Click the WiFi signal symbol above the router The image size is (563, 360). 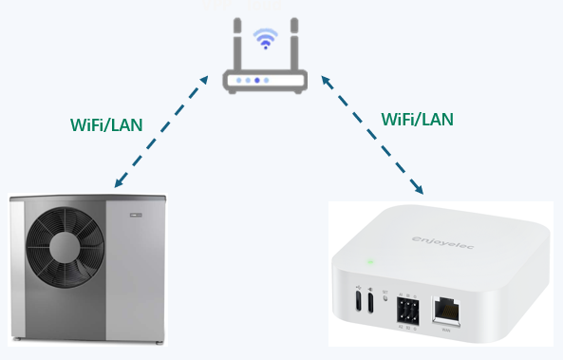point(266,41)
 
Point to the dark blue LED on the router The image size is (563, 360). point(258,81)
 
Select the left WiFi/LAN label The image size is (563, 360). point(107,124)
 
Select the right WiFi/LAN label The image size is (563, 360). point(417,119)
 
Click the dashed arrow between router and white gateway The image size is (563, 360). point(370,133)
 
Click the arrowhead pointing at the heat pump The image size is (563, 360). point(115,183)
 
